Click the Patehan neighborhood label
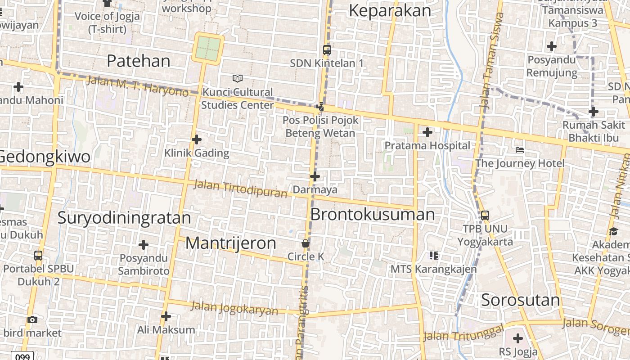[139, 61]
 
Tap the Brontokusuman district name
[373, 214]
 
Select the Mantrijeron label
[231, 243]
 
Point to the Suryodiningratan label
[124, 218]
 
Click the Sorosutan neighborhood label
[520, 300]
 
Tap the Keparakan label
[390, 10]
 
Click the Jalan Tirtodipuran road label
[240, 189]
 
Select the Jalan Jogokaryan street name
[234, 308]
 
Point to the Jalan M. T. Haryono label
[137, 85]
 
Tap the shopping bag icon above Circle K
[306, 244]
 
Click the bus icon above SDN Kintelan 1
[327, 50]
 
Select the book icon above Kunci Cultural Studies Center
[238, 79]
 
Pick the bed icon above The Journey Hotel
[520, 149]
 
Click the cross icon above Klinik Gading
[197, 139]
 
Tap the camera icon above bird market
[32, 319]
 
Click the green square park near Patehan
[208, 49]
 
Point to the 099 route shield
[22, 356]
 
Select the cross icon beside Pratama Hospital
[427, 132]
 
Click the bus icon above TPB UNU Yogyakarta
[485, 215]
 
